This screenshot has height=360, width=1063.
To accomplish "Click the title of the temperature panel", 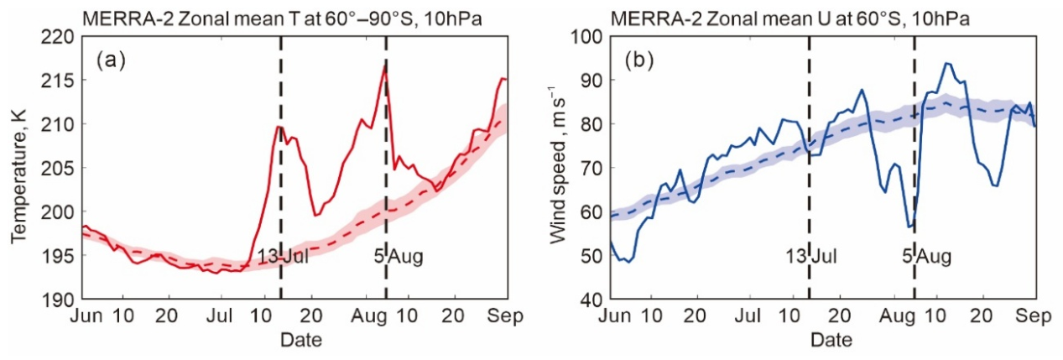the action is click(283, 19).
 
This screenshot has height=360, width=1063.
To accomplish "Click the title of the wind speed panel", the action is click(790, 19).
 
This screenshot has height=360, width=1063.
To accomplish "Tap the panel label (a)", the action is click(111, 60).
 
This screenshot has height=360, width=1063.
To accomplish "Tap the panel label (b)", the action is click(639, 60).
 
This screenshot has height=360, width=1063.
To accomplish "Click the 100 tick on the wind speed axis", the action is click(586, 37).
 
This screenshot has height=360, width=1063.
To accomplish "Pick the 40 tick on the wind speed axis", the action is click(591, 300).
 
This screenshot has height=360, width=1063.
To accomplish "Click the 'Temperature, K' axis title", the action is click(19, 177).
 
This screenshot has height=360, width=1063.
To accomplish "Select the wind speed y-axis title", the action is click(558, 164).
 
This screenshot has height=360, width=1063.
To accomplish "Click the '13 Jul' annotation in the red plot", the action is click(283, 257).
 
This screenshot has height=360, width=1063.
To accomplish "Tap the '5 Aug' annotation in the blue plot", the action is click(927, 257).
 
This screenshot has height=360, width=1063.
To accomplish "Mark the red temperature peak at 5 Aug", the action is click(385, 65).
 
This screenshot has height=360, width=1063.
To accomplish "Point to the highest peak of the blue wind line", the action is click(946, 63).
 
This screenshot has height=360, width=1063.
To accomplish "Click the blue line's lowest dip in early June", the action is click(629, 262).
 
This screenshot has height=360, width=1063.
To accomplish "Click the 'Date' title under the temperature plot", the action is click(301, 340).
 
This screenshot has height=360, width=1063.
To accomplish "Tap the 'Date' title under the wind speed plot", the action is click(831, 340).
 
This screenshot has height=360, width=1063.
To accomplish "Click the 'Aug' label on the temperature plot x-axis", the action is click(368, 316).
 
